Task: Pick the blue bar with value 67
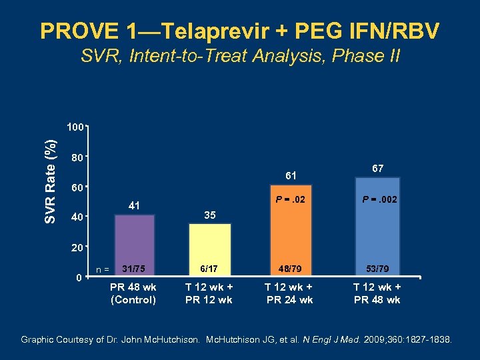377,227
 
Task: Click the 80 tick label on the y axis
77,159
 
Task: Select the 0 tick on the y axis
78,277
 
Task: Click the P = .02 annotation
289,199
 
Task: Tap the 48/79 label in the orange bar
289,269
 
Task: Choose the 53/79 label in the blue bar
377,269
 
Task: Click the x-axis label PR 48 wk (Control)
133,293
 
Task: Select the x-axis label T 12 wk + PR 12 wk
209,293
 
